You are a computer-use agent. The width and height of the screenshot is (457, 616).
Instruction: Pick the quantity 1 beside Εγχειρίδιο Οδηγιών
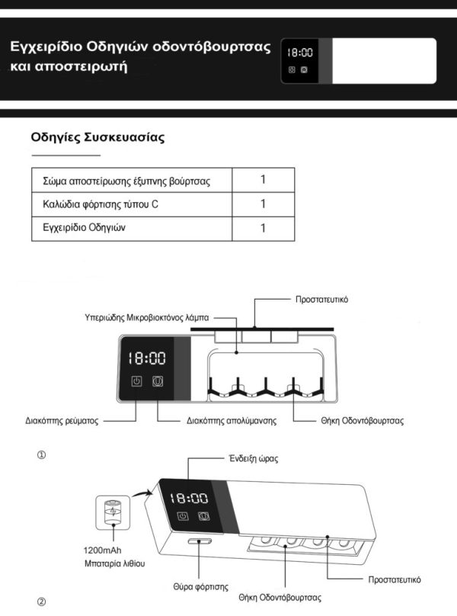click(x=263, y=228)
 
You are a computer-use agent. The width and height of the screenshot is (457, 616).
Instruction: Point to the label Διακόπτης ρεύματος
click(x=60, y=420)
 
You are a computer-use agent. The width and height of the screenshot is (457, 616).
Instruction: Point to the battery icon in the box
click(x=112, y=512)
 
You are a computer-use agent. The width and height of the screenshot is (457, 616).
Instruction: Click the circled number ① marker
click(x=42, y=455)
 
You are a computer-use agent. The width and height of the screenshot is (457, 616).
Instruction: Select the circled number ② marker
click(x=42, y=602)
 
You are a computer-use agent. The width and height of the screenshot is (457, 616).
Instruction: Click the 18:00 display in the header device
click(x=299, y=53)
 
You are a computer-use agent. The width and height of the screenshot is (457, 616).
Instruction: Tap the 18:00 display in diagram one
click(x=146, y=357)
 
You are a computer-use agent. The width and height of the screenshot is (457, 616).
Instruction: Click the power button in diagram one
click(x=136, y=382)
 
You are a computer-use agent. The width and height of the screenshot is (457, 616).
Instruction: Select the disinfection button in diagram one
click(x=158, y=382)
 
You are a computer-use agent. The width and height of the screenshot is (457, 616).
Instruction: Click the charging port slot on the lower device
click(x=200, y=541)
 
